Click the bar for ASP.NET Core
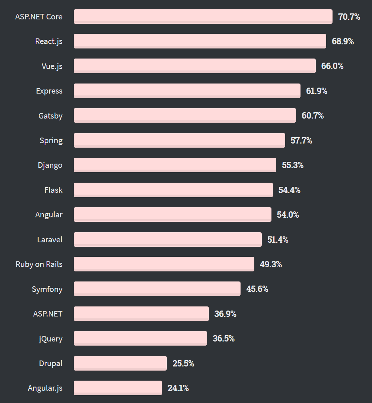[x=203, y=17]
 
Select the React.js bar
[x=200, y=41]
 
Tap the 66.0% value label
[x=332, y=66]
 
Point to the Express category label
[x=49, y=91]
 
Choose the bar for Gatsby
[x=185, y=116]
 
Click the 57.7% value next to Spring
[x=301, y=141]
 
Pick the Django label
[x=50, y=165]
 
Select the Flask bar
[x=173, y=190]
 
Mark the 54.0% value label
[x=288, y=215]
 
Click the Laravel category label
[x=50, y=239]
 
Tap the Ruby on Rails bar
[x=164, y=264]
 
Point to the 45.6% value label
[x=257, y=289]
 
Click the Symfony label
[x=47, y=289]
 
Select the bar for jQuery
[x=140, y=339]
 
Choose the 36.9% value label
[x=225, y=314]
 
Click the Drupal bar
[x=120, y=363]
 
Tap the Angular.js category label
[x=45, y=388]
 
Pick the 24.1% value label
[x=178, y=388]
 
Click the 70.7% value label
[x=349, y=17]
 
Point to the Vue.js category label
[x=52, y=66]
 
